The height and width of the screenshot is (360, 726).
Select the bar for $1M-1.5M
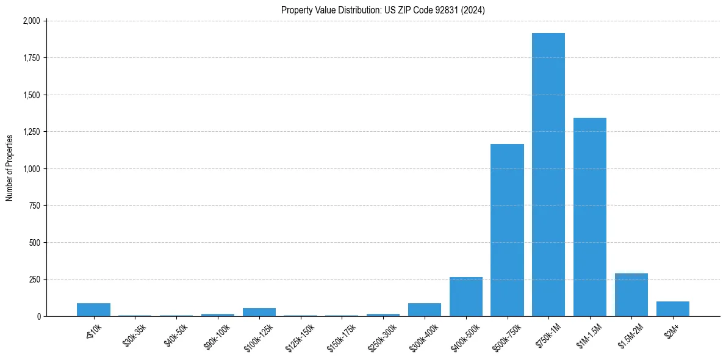tap(589, 217)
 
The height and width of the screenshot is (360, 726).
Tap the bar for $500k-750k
tap(507, 230)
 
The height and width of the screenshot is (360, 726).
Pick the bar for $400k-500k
tap(465, 297)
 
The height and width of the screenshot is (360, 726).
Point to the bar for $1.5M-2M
tap(631, 295)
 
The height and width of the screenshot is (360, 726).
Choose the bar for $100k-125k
tap(259, 312)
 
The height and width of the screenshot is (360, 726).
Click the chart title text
tap(383, 10)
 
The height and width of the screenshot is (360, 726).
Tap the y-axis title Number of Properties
tap(10, 168)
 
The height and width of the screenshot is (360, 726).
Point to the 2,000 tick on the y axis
tap(31, 21)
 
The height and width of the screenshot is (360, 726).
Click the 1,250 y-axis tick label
tap(31, 132)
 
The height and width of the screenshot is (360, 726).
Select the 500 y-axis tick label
tap(35, 243)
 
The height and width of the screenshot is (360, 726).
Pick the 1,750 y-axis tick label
tap(31, 58)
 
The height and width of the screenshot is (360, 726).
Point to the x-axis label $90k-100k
tap(215, 334)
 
